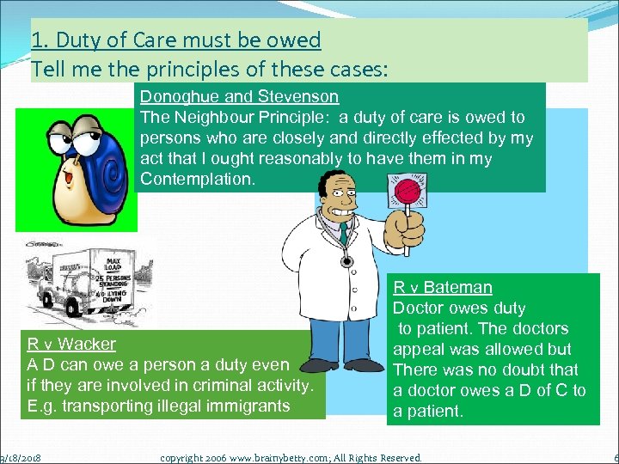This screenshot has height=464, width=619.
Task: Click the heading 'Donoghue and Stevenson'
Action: point(239,96)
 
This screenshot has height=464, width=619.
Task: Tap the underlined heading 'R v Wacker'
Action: point(71,344)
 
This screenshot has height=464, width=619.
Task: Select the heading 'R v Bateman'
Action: point(443,287)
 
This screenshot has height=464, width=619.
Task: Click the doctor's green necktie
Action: point(344,234)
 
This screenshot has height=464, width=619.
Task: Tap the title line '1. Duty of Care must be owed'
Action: point(175,40)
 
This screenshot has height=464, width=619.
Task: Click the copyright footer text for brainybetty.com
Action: point(291,458)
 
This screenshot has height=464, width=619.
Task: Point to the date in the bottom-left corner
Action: point(22,458)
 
